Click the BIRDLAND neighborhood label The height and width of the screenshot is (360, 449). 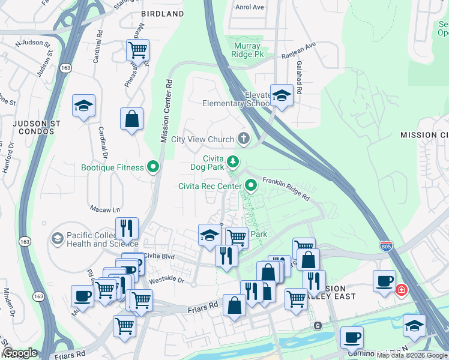(x=162, y=14)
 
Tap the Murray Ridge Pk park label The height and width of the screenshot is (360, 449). (x=246, y=50)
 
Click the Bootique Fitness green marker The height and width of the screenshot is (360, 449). (x=154, y=167)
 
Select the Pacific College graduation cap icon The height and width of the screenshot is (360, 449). (x=57, y=239)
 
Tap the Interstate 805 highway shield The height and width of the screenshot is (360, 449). (x=387, y=245)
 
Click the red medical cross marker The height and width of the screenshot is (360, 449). (x=401, y=290)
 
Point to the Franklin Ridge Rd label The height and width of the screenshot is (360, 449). (x=286, y=188)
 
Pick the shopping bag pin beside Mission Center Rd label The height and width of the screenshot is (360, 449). (x=131, y=119)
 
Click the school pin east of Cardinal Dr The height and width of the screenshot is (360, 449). (x=83, y=107)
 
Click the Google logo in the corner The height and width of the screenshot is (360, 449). (x=20, y=353)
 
